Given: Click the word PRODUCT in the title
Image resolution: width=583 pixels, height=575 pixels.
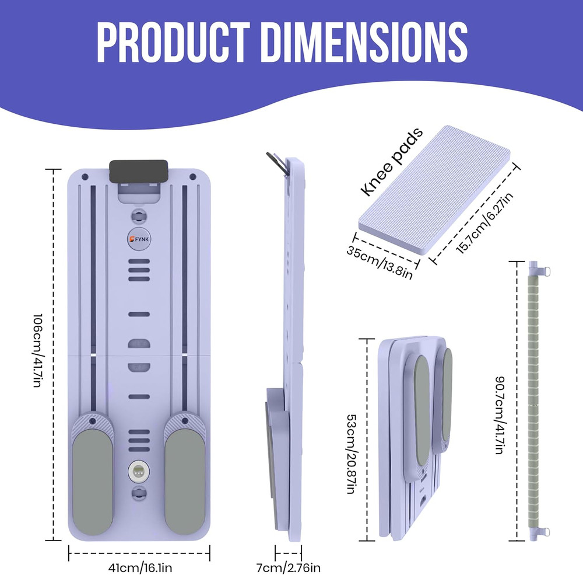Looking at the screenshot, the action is [173, 42].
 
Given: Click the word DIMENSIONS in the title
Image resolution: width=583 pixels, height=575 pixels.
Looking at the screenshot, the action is [365, 42].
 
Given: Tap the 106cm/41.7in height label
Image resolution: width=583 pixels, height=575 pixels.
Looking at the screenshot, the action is [37, 350].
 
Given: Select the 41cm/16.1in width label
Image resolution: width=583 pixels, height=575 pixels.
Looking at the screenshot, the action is [140, 568].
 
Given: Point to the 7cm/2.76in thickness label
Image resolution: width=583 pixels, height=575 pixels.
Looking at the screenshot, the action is [288, 568].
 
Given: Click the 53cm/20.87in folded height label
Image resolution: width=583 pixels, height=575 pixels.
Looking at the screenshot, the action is [350, 454].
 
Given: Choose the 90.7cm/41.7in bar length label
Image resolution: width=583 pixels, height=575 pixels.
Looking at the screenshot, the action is [500, 415].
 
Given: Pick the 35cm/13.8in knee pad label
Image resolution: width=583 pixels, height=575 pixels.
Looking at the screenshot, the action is [380, 262].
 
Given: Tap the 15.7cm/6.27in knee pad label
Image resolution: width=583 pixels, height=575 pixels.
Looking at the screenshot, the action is [484, 223].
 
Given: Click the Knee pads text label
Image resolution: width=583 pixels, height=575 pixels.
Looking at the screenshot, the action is [392, 162].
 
